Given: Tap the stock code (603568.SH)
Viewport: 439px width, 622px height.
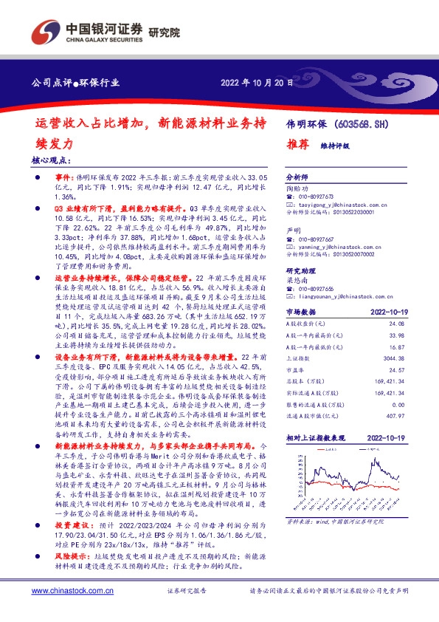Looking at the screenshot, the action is pos(366,124).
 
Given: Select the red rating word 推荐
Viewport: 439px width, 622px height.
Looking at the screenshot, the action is pos(297,146).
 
